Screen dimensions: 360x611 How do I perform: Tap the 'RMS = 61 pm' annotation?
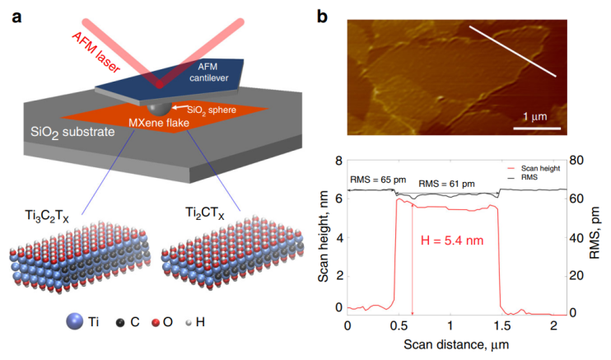click(447, 183)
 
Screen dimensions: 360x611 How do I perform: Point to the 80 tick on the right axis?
click(577, 160)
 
